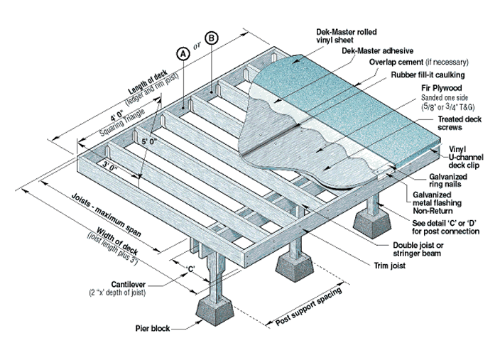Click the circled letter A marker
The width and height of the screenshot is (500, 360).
point(182,53)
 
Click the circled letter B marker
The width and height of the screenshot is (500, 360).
point(212,38)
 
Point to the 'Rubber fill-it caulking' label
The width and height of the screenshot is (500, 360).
point(425,75)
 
